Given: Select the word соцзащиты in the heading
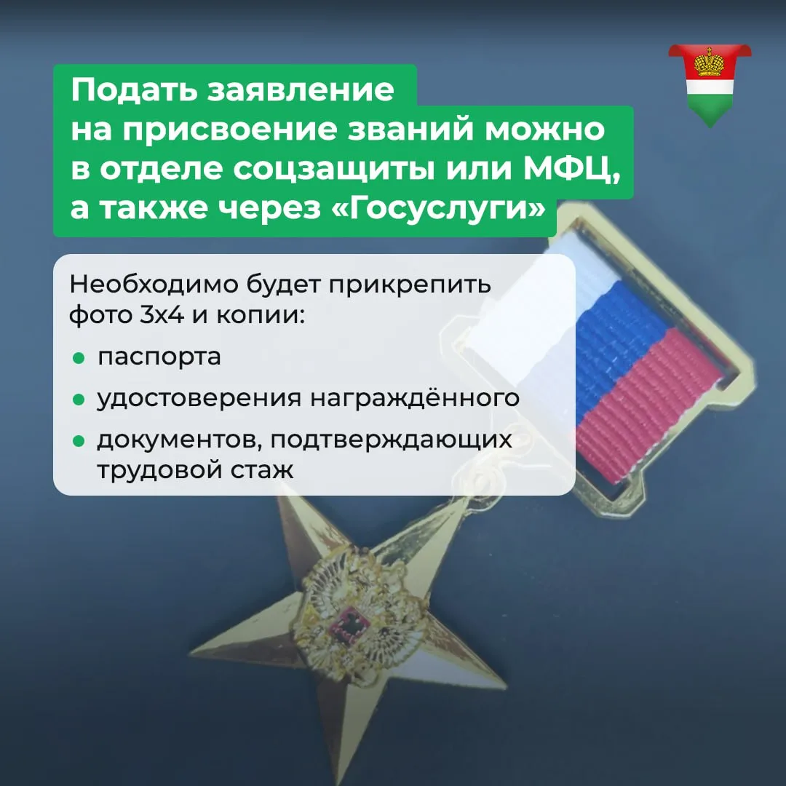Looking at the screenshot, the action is pos(334,170).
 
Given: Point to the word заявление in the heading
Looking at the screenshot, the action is pos(301,90).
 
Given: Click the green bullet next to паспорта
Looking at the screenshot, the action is pos(79,358).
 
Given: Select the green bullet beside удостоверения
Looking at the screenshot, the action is pos(79,400).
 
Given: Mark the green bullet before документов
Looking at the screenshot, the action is pos(79,441).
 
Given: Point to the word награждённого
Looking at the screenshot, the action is pos(414,397).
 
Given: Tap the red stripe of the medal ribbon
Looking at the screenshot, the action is pos(647,406).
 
